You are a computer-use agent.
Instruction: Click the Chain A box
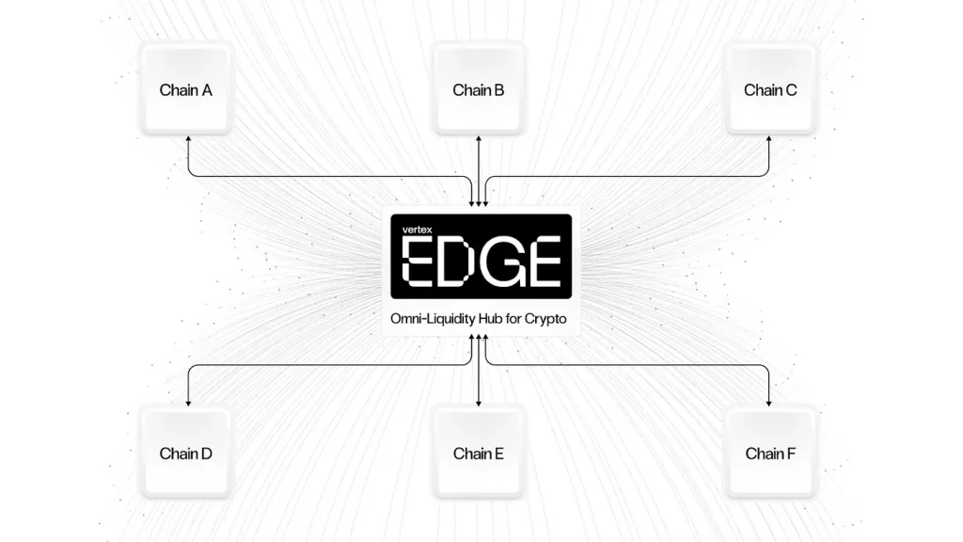[186, 89]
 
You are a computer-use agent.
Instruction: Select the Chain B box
[479, 89]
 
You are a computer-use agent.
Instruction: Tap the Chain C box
[770, 89]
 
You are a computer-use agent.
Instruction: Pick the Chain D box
[186, 453]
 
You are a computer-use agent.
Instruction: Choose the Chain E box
[479, 453]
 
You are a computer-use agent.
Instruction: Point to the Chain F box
[770, 453]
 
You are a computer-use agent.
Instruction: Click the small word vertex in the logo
[417, 230]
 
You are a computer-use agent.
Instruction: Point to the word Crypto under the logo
[545, 320]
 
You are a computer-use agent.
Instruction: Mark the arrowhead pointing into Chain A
[188, 139]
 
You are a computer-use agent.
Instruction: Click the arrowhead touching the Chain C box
[768, 139]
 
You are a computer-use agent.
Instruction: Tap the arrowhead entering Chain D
[188, 403]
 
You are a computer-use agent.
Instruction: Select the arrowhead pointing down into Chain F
[768, 403]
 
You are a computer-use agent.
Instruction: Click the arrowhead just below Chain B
[479, 139]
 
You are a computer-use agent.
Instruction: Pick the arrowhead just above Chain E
[479, 403]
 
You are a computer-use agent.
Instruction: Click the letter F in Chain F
[791, 454]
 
